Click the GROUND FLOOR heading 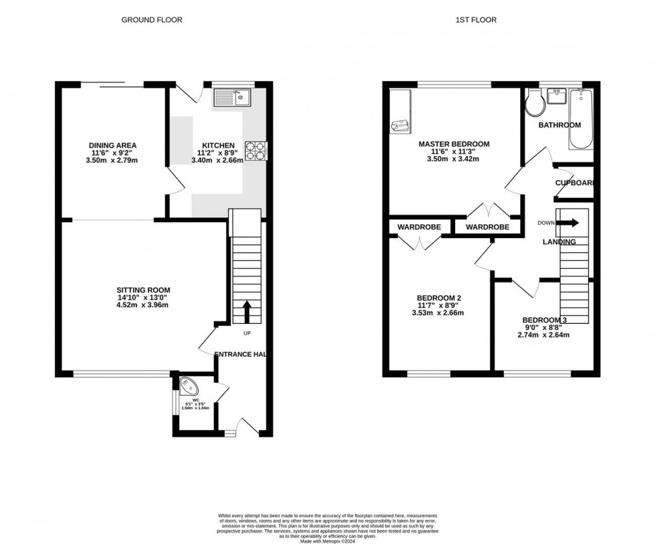pyautogui.click(x=152, y=20)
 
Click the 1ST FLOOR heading pyautogui.click(x=475, y=20)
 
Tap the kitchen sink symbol pyautogui.click(x=231, y=99)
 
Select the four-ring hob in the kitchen pyautogui.click(x=254, y=151)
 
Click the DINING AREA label pyautogui.click(x=113, y=145)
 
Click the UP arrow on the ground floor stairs pyautogui.click(x=246, y=312)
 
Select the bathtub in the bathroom pyautogui.click(x=580, y=118)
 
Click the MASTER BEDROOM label pyautogui.click(x=454, y=144)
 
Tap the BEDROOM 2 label pyautogui.click(x=439, y=298)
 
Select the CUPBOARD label pyautogui.click(x=575, y=183)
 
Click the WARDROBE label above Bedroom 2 pyautogui.click(x=419, y=228)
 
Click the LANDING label pyautogui.click(x=559, y=242)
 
